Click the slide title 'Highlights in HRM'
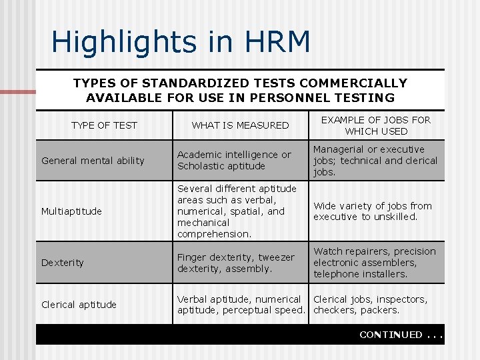point(181,42)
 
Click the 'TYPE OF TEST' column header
point(104,125)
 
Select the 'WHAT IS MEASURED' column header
point(240,125)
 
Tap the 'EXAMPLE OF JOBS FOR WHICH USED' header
point(376,125)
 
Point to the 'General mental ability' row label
point(93,161)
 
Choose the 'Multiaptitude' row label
point(71,211)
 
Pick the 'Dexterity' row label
point(63,263)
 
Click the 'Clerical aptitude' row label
point(79,305)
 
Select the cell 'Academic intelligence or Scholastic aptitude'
point(233,160)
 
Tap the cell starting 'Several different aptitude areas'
point(237,211)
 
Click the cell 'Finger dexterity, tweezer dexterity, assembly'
point(235,263)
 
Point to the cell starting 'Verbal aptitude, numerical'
point(241,305)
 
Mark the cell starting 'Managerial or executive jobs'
point(375,161)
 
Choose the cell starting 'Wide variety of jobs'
point(373,211)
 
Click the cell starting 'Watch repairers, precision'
point(374,263)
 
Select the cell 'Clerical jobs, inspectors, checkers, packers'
point(370,305)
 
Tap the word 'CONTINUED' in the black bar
point(391,335)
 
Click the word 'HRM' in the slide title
point(282,42)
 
